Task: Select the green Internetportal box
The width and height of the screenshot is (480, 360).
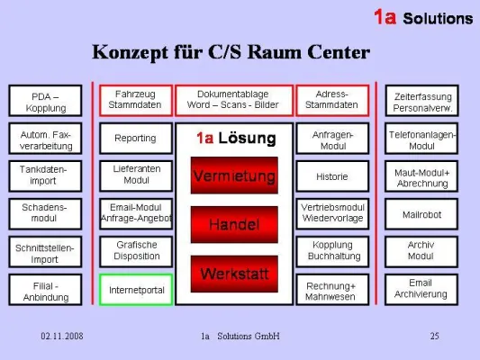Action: coord(136,291)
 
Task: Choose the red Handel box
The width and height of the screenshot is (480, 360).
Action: coord(233,223)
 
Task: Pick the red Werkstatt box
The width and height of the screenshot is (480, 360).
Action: coord(233,272)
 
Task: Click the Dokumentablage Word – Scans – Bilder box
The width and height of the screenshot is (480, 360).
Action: coord(233,99)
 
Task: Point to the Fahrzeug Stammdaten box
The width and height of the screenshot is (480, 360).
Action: coord(135,99)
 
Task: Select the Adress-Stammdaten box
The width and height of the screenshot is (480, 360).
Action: coord(331,99)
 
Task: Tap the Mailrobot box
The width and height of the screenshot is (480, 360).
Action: coord(421,214)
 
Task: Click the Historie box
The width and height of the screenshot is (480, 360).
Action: coord(331,176)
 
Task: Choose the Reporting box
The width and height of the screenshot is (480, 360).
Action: coord(135,139)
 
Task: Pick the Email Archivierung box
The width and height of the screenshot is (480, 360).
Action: coord(421,289)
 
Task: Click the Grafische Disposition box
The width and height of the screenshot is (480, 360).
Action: coord(136,251)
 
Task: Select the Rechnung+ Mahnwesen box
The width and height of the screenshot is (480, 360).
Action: coord(331,291)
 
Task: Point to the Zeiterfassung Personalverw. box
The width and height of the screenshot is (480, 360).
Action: coord(421,101)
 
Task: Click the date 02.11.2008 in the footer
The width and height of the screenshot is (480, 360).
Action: coord(62,337)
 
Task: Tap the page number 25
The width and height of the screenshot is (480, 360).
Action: coord(434,337)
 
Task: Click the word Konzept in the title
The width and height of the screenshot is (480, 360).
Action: coord(129,52)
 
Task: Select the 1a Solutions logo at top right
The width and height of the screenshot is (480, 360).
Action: coord(422,18)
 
